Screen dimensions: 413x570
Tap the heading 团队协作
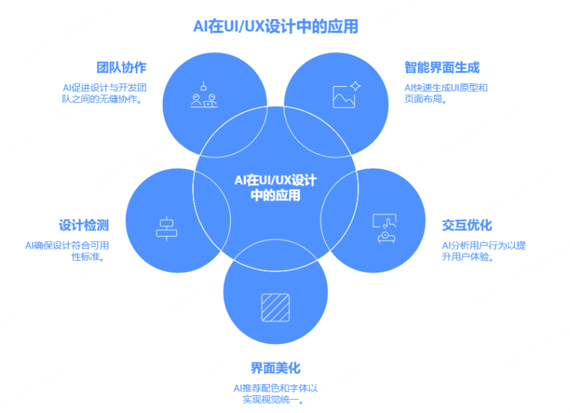(x=121, y=68)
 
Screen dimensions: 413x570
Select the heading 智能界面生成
(x=442, y=68)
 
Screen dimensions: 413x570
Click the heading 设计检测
(x=84, y=225)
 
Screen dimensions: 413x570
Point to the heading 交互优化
(x=467, y=225)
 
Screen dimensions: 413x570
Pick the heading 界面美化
(x=275, y=368)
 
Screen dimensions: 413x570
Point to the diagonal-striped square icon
(x=275, y=307)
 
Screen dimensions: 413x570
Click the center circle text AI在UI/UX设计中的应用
(x=275, y=188)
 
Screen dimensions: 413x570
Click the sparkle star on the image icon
(x=355, y=85)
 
